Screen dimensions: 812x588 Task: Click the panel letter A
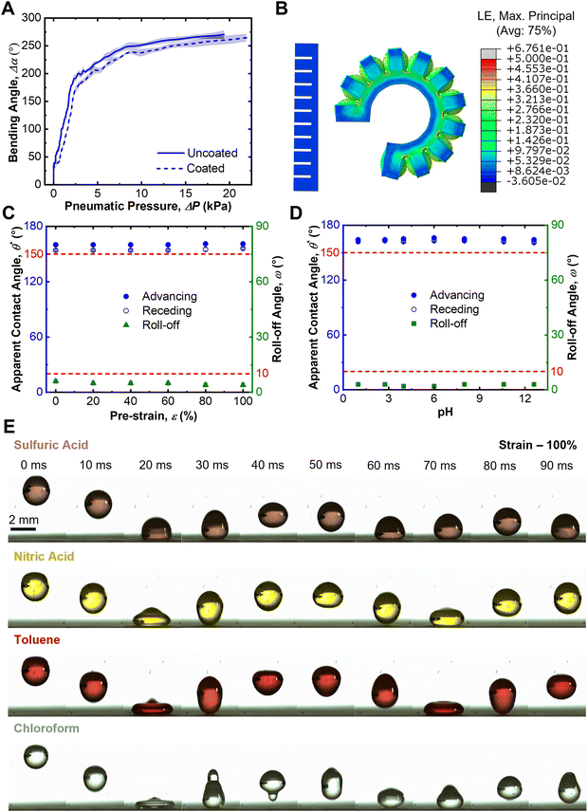click(9, 9)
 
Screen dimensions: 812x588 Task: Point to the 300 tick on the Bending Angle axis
click(33, 18)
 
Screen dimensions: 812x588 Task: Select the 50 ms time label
click(327, 466)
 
